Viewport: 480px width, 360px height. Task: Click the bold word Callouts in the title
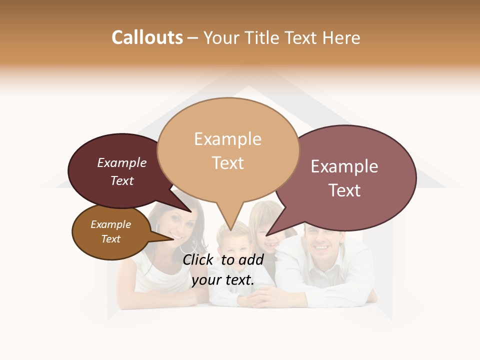(147, 37)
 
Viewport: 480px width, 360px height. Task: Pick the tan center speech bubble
(228, 150)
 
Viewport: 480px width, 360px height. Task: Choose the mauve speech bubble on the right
(350, 177)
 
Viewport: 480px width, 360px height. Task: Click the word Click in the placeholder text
(199, 259)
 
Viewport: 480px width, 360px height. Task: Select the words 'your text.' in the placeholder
(223, 280)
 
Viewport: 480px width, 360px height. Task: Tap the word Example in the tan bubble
(227, 138)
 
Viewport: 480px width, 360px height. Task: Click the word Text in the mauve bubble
(344, 190)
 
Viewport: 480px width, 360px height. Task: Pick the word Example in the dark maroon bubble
(121, 163)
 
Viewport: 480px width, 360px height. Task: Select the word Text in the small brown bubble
(110, 239)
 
